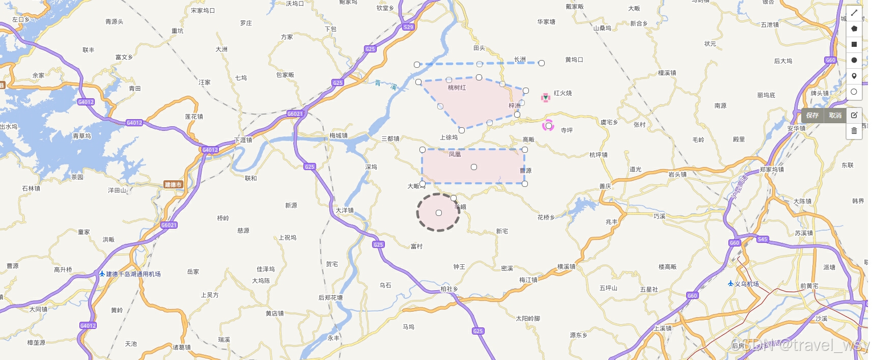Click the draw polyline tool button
point(854,13)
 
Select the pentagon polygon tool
point(854,29)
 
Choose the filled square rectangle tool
point(854,44)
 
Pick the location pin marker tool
point(854,76)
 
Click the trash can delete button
point(854,131)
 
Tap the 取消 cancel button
point(835,116)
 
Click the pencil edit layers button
point(854,115)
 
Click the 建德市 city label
point(173,184)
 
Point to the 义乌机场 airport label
point(746,284)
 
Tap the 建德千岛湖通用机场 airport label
point(133,274)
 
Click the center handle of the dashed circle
point(439,213)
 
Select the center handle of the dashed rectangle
point(474,167)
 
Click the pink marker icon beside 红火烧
point(545,97)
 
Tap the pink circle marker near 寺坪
point(548,125)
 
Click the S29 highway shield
point(408,27)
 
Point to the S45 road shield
point(762,239)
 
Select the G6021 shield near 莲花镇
point(295,114)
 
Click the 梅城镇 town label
point(339,135)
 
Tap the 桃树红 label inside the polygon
point(457,88)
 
